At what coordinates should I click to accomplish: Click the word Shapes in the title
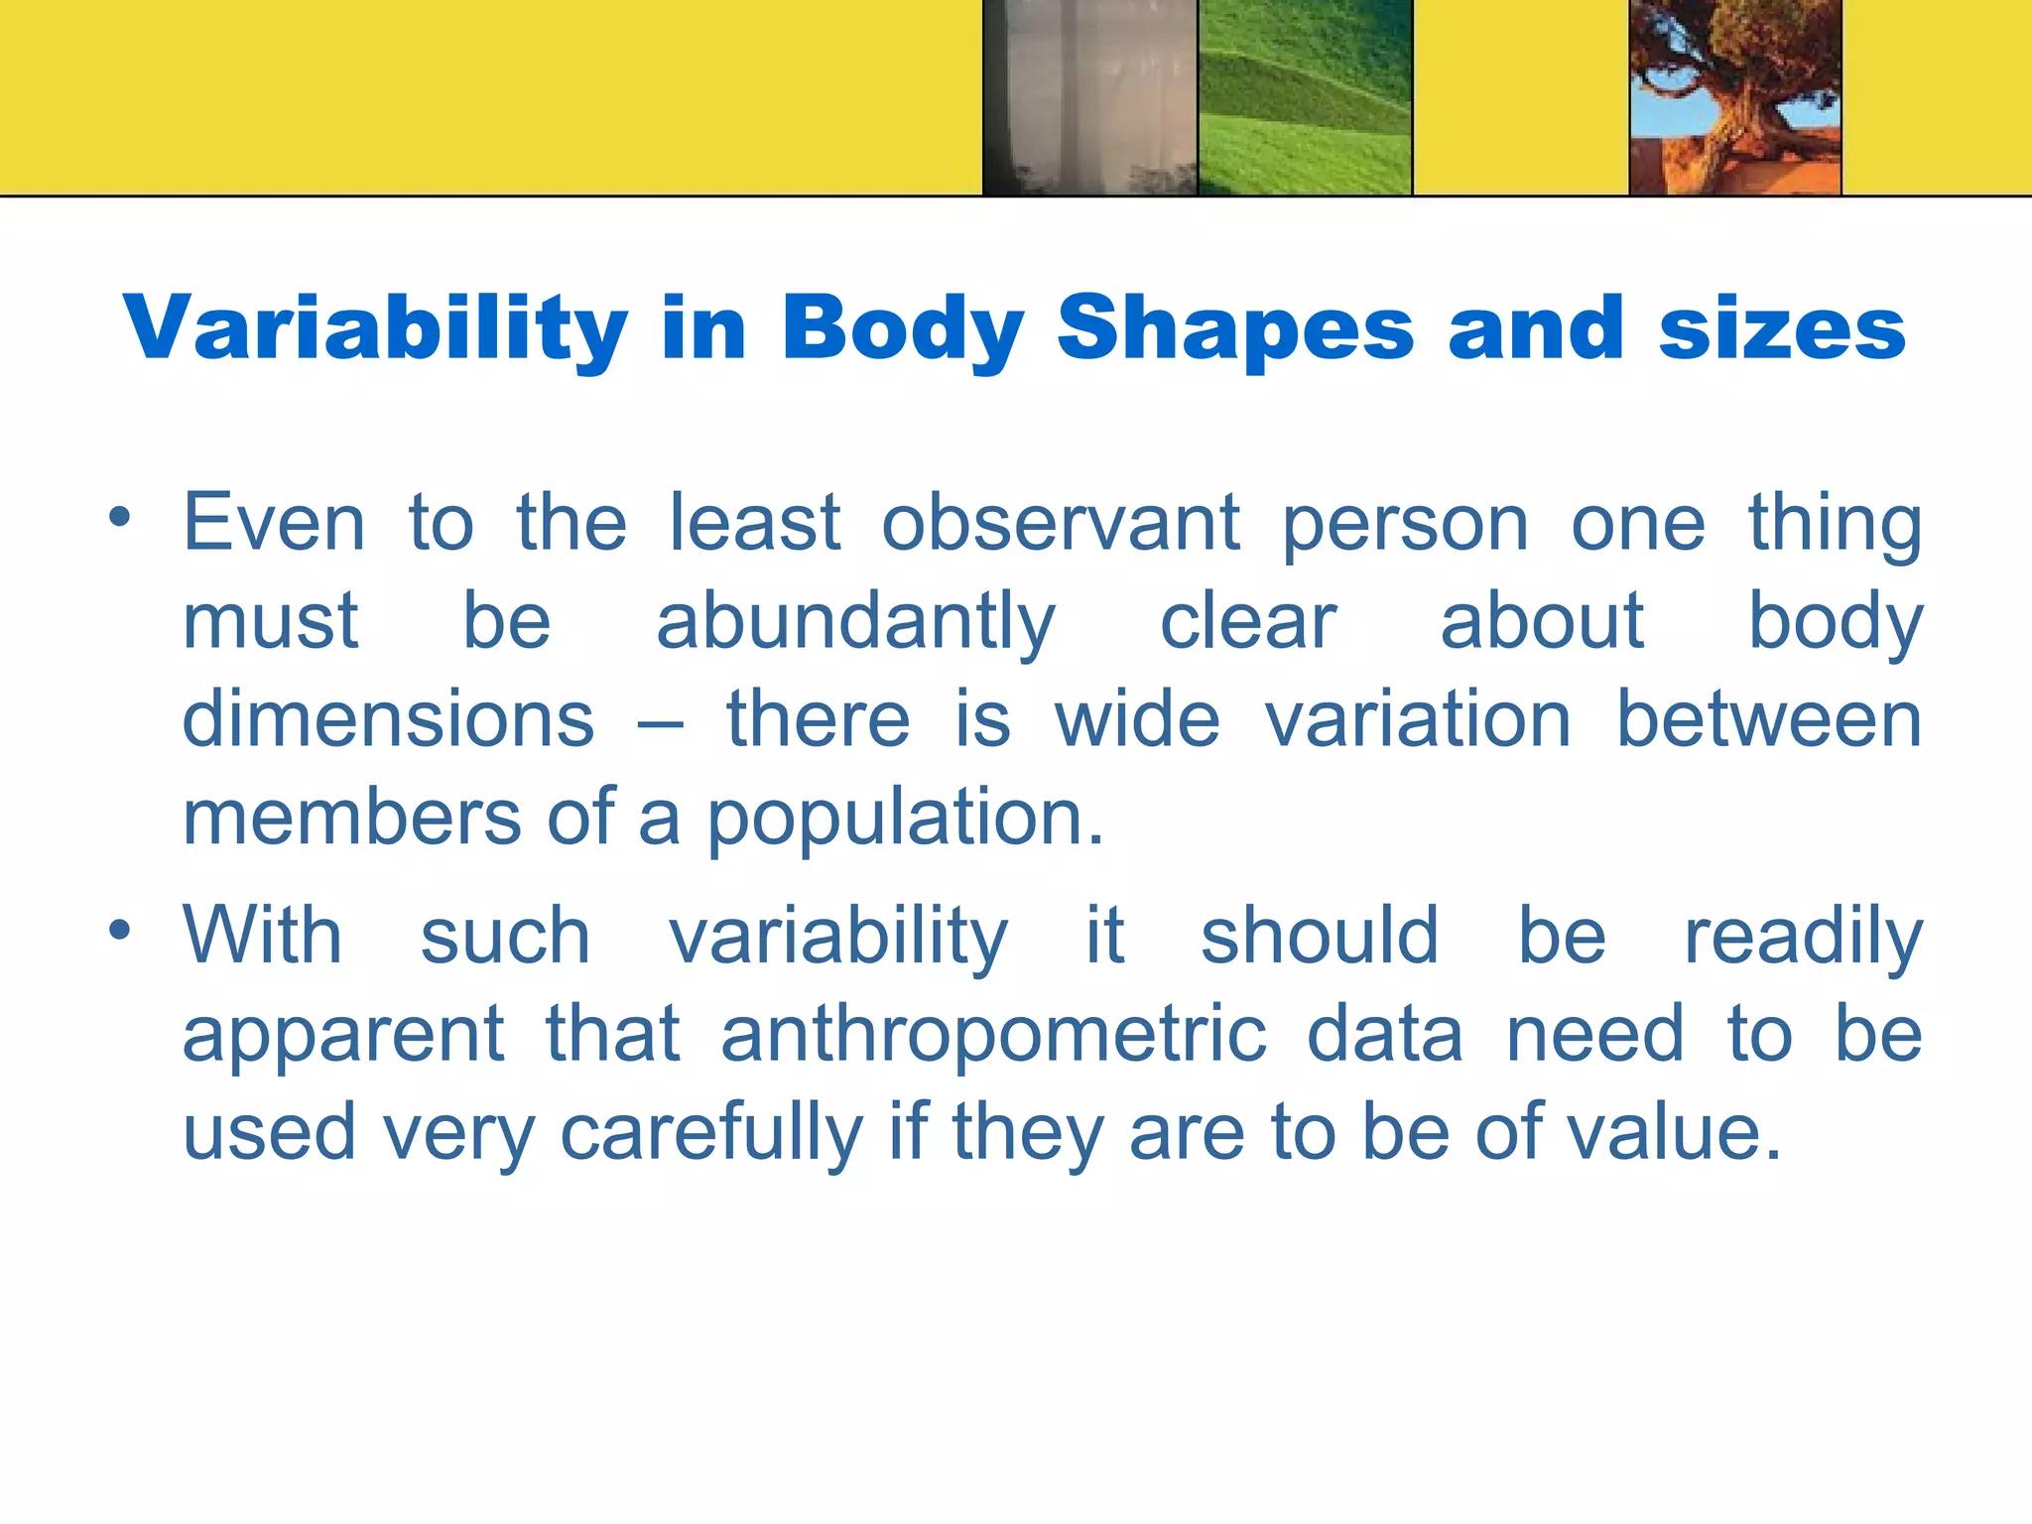point(1234,329)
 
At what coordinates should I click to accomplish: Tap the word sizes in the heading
point(1782,329)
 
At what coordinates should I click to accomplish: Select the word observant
point(1060,523)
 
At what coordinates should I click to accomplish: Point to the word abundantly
point(855,623)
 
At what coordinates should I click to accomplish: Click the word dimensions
point(388,718)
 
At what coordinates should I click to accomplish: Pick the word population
point(905,818)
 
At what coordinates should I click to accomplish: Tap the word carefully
point(711,1133)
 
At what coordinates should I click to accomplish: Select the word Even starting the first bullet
point(274,523)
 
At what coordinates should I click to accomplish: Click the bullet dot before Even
point(120,517)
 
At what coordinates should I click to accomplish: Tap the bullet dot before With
point(120,930)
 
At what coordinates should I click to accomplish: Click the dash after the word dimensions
point(660,722)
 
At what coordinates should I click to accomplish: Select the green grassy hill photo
point(1305,96)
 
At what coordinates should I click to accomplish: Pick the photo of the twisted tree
point(1735,96)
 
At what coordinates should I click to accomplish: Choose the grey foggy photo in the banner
point(1089,96)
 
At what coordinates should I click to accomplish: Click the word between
point(1769,718)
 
